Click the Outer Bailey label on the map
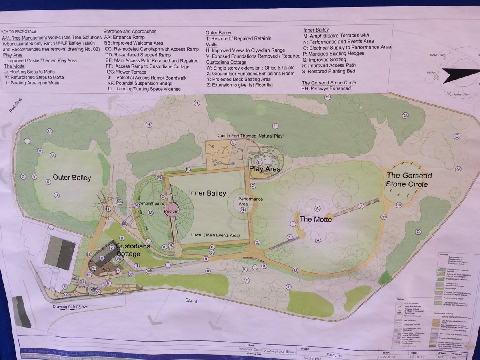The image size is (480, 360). point(72,178)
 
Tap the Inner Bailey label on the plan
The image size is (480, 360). point(205,194)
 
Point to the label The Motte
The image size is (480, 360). point(316,219)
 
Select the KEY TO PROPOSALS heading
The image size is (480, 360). point(19,31)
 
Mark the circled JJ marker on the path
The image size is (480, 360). point(295,270)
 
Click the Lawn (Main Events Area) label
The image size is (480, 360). point(215,235)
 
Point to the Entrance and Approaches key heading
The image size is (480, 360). point(130,31)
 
